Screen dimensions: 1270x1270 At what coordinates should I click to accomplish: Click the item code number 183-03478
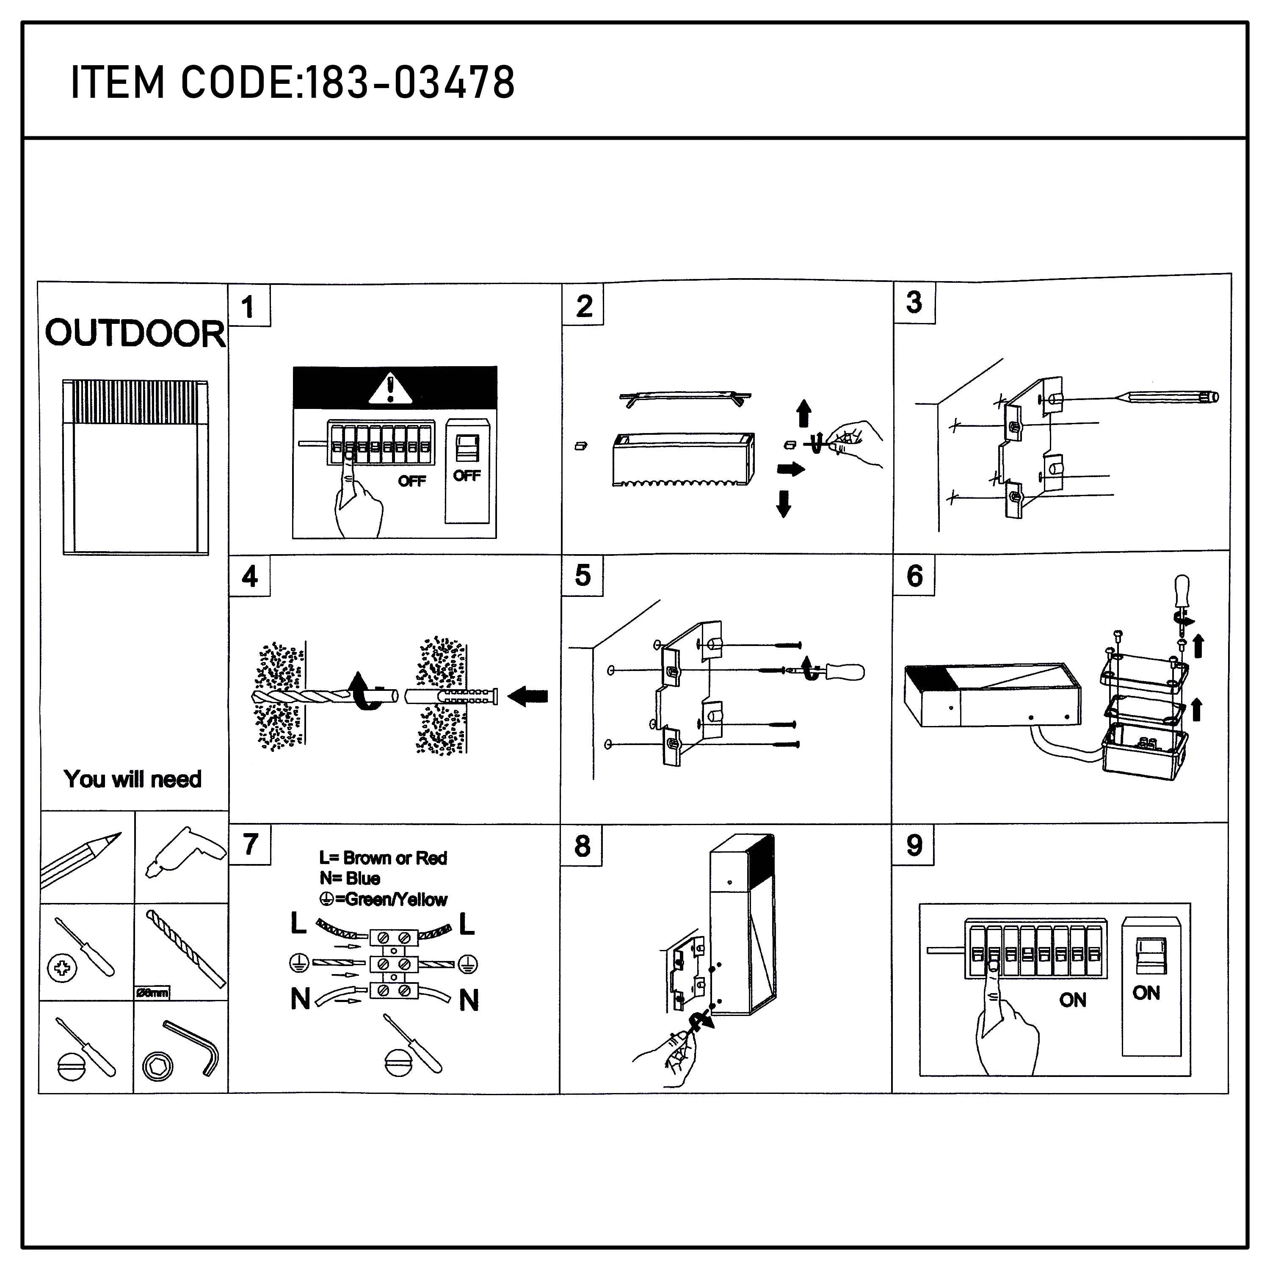point(410,83)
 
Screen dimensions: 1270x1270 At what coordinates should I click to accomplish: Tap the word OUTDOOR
point(135,333)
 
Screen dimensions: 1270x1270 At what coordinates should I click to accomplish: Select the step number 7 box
point(250,845)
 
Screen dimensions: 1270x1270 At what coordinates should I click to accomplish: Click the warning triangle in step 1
point(390,387)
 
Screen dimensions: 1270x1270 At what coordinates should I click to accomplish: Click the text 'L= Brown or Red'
point(383,858)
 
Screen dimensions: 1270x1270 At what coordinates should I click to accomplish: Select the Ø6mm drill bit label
point(152,993)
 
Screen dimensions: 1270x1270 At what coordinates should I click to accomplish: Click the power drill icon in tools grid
point(184,855)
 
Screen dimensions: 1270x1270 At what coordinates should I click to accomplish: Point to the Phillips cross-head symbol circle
point(63,968)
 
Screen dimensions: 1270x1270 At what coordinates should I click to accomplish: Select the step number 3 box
point(914,302)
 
